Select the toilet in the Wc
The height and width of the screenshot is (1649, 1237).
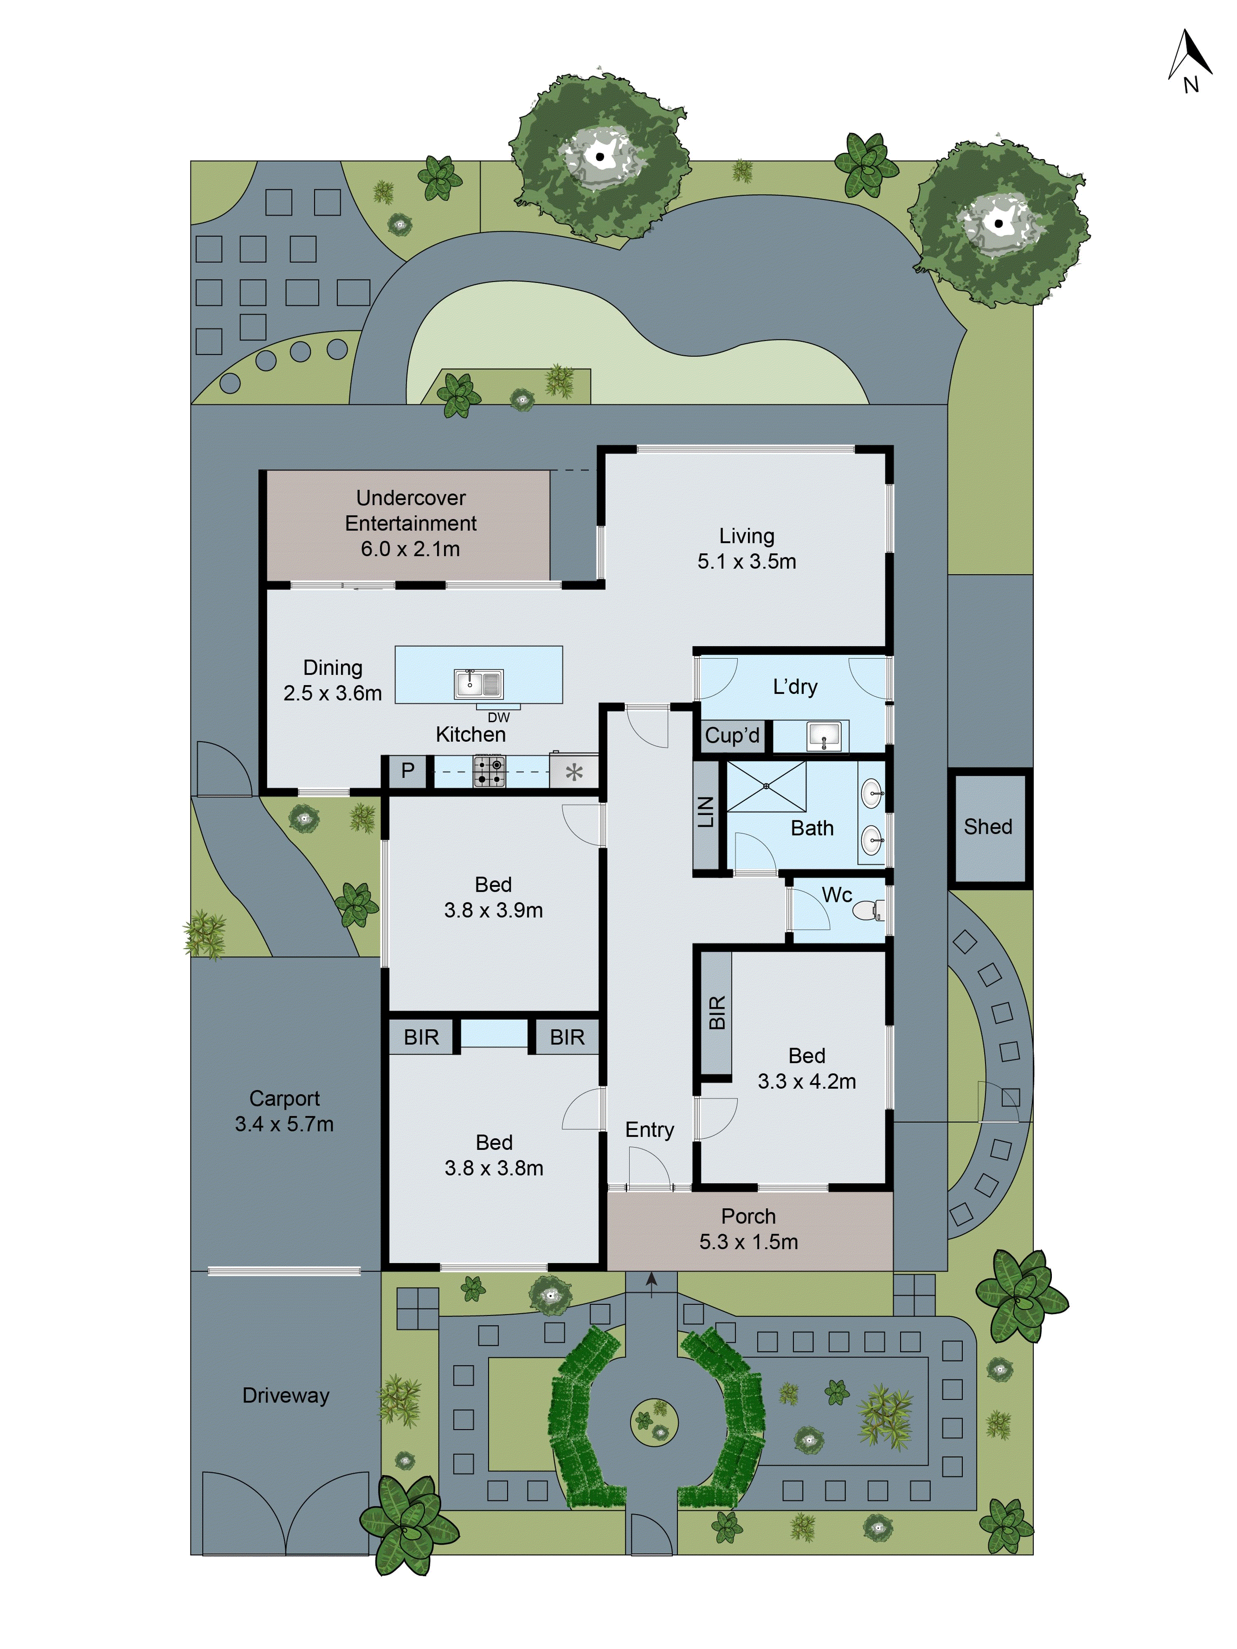tap(869, 910)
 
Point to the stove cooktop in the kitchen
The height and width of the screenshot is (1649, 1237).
tap(490, 772)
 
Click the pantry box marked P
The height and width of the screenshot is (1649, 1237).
tap(407, 771)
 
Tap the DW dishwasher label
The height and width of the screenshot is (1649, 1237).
tap(499, 718)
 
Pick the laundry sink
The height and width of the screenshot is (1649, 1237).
tap(824, 737)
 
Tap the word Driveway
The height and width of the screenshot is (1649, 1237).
tap(286, 1395)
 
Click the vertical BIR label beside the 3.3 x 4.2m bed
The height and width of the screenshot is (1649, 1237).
tap(717, 1013)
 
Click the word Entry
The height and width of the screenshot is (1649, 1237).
tap(649, 1130)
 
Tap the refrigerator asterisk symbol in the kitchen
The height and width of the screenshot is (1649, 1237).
tap(574, 772)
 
